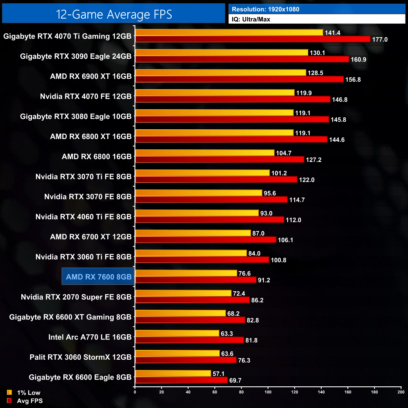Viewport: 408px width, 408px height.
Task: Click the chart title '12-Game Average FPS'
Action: pyautogui.click(x=114, y=14)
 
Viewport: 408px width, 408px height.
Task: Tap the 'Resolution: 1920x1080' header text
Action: pyautogui.click(x=266, y=9)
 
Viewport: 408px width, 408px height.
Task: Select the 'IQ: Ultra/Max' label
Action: pyautogui.click(x=251, y=19)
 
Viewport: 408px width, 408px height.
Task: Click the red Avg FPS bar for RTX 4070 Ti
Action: pyautogui.click(x=253, y=39)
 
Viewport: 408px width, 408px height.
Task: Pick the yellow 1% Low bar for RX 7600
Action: pyautogui.click(x=186, y=273)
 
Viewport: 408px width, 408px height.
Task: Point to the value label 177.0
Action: pyautogui.click(x=380, y=40)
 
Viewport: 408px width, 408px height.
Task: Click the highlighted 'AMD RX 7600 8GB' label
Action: pyautogui.click(x=99, y=277)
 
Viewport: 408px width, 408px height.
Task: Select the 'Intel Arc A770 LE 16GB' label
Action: pyautogui.click(x=90, y=337)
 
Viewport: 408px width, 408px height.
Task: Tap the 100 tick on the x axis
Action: pyautogui.click(x=268, y=392)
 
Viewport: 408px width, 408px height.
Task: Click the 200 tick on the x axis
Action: pyautogui.click(x=401, y=392)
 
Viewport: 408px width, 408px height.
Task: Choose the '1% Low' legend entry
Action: pyautogui.click(x=28, y=393)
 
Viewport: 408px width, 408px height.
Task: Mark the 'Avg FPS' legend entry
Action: pyautogui.click(x=30, y=401)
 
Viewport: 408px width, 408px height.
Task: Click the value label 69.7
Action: pyautogui.click(x=235, y=380)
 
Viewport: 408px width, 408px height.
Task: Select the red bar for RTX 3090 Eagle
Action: pyautogui.click(x=242, y=59)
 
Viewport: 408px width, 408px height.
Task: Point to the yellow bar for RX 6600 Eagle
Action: pyautogui.click(x=173, y=373)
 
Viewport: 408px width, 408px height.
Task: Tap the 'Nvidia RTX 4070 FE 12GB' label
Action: pyautogui.click(x=86, y=96)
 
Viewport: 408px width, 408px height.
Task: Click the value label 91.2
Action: pyautogui.click(x=264, y=280)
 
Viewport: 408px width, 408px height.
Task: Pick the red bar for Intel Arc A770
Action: pyautogui.click(x=189, y=340)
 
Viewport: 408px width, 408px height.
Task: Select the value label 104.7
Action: pyautogui.click(x=284, y=153)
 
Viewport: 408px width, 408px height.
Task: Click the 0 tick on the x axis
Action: pyautogui.click(x=135, y=392)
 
